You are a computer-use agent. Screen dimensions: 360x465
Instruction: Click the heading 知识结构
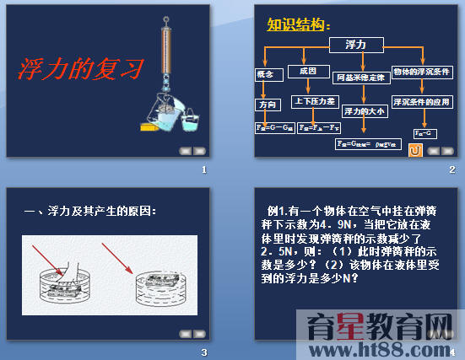[x=295, y=25]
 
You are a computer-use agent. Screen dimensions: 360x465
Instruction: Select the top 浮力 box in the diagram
[x=355, y=44]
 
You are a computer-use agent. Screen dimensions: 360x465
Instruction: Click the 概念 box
[x=266, y=75]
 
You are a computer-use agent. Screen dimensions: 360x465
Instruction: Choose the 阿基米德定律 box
[x=360, y=78]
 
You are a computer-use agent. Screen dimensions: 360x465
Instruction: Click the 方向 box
[x=266, y=104]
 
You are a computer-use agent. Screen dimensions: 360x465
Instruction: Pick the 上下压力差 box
[x=314, y=101]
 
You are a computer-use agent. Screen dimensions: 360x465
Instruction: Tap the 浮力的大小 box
[x=365, y=110]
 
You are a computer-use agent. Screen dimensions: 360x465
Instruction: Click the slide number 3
[x=203, y=352]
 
